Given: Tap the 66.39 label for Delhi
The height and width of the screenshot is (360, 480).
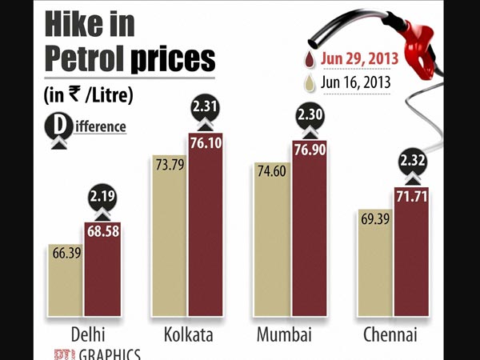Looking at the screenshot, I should (x=66, y=254).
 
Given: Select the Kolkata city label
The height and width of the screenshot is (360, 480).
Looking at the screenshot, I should (x=186, y=334).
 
